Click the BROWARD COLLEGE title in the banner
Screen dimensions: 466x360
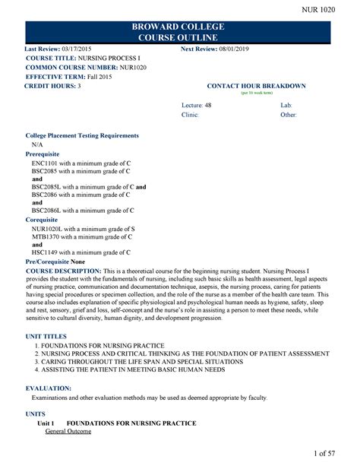[180, 25]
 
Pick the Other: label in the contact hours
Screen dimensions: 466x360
[289, 114]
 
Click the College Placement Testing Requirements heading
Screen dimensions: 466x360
[82, 135]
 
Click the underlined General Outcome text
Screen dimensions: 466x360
[68, 431]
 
